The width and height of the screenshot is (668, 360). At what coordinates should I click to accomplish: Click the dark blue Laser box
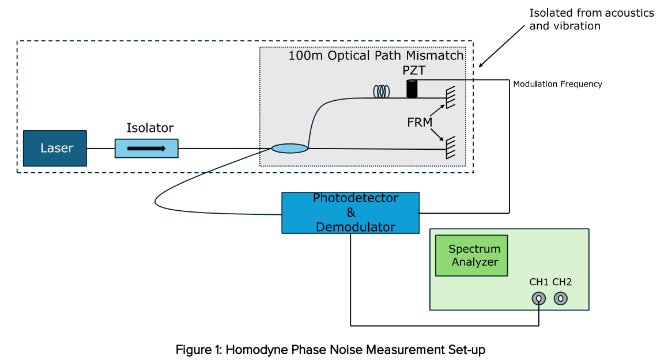pos(55,148)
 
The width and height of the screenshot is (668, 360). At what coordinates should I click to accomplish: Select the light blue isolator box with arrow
pos(146,149)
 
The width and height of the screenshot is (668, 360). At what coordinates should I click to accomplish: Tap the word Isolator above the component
pos(150,128)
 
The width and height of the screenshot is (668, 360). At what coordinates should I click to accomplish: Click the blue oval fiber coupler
pos(290,149)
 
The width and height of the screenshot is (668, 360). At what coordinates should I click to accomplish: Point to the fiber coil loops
pos(382,92)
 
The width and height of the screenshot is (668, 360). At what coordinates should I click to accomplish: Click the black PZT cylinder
pos(412,89)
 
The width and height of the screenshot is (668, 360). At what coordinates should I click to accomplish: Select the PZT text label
pos(414,70)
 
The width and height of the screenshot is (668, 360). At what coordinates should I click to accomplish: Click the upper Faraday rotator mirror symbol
pos(450,97)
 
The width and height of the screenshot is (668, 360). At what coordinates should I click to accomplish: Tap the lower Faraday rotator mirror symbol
pos(450,147)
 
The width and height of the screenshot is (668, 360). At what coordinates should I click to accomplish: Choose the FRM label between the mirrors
pos(420,123)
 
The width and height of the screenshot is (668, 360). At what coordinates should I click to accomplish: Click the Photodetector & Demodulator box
pos(350,213)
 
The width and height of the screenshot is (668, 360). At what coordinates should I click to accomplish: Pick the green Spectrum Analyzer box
pos(471,255)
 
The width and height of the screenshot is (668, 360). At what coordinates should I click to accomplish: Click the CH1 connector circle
pos(538,299)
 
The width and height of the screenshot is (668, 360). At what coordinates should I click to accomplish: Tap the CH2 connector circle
pos(561,299)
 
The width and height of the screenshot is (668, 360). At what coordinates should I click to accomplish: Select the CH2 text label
pos(562,282)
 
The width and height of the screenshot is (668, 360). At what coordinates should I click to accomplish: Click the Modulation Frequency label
pos(558,84)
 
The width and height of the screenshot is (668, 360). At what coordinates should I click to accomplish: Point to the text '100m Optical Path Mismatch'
pos(376,56)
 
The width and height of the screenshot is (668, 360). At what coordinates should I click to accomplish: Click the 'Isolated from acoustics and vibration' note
pos(592,19)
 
